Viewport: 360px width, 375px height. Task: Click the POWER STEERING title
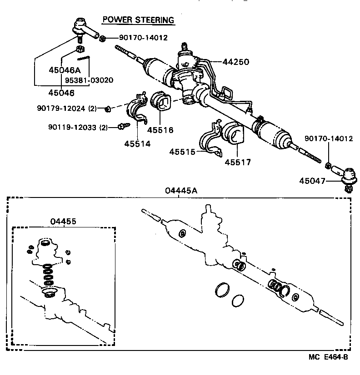click(x=138, y=20)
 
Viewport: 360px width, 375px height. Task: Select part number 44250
click(x=235, y=62)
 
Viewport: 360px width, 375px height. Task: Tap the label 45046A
click(x=65, y=70)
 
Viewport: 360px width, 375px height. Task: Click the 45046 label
click(x=61, y=92)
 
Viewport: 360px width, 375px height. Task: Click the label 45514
click(x=138, y=143)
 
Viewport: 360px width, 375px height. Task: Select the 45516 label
click(x=160, y=130)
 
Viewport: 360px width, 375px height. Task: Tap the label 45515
click(x=183, y=152)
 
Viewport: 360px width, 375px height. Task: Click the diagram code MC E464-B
click(x=329, y=357)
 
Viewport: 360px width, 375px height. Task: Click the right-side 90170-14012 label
click(x=328, y=139)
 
